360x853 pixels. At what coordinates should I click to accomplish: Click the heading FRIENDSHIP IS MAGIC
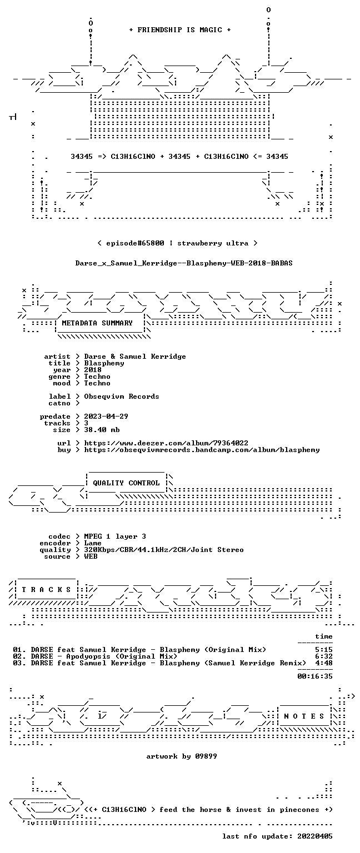(180, 29)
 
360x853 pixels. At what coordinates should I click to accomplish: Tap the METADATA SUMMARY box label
(97, 323)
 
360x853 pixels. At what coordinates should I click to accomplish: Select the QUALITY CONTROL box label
(126, 483)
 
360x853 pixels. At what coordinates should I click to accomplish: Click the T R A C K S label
(47, 589)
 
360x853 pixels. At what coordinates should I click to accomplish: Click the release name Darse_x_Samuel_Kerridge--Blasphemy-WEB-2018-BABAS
(184, 263)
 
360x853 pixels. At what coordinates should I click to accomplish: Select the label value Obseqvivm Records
(122, 397)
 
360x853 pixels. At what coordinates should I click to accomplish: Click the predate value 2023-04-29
(106, 416)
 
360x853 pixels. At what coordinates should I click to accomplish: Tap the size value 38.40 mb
(102, 429)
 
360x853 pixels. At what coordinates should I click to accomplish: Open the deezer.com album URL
(166, 443)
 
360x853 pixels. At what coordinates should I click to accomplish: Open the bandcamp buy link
(202, 450)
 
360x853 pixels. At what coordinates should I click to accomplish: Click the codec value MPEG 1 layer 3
(115, 536)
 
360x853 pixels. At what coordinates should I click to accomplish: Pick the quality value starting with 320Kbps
(164, 549)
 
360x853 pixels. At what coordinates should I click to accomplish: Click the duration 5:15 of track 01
(324, 650)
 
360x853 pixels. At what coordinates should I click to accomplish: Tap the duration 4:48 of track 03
(324, 663)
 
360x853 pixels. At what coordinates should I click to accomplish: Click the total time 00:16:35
(315, 676)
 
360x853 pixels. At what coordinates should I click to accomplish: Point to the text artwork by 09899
(182, 756)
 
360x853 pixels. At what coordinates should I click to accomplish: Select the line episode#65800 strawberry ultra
(178, 243)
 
